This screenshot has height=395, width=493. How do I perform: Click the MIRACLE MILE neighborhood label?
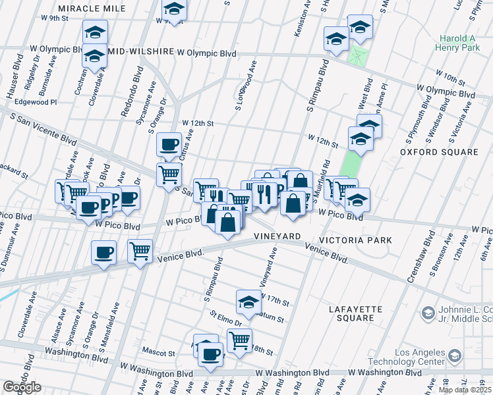pos(92,7)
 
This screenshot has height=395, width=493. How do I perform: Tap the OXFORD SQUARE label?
pos(438,152)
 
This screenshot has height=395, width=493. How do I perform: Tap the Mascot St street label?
pos(161,353)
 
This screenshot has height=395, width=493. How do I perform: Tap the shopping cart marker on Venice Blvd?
pos(140,250)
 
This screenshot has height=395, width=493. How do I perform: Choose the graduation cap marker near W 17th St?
pos(248,301)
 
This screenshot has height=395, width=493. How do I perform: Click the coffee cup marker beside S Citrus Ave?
pos(169,144)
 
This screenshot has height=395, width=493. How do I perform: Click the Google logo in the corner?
pos(22,387)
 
